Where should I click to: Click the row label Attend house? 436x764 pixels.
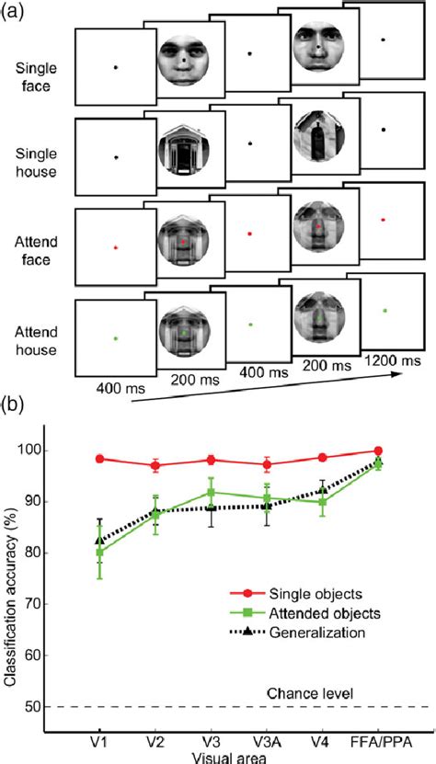pyautogui.click(x=34, y=336)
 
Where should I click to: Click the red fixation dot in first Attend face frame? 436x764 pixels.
pyautogui.click(x=115, y=247)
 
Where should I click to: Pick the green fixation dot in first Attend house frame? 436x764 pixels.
pyautogui.click(x=115, y=338)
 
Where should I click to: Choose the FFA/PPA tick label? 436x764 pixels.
pyautogui.click(x=378, y=739)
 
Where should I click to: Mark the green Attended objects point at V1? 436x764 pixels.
pyautogui.click(x=99, y=552)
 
